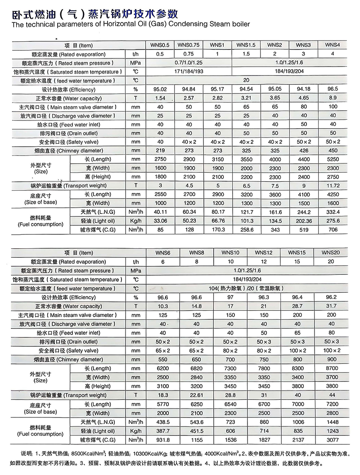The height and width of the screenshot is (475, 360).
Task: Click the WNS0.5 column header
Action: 160,45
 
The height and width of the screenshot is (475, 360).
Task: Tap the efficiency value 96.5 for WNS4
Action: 333,89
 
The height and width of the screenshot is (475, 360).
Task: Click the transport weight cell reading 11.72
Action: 333,185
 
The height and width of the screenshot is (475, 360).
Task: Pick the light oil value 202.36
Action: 304,221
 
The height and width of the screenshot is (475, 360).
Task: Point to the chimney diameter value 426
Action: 304,150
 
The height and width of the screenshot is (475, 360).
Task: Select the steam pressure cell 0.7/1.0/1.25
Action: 189,63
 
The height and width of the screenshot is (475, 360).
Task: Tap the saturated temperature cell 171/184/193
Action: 189,72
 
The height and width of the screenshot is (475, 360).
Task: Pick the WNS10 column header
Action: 230,252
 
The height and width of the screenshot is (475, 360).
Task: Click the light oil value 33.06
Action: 160,221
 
